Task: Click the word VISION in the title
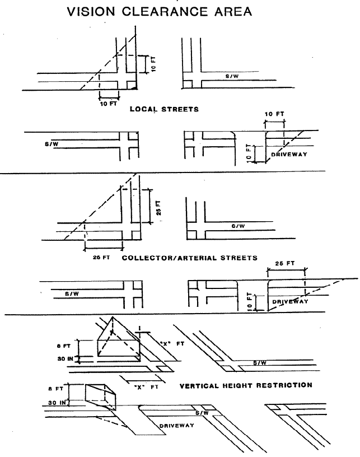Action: (91, 12)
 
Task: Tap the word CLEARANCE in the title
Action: (165, 12)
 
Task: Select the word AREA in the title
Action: (233, 12)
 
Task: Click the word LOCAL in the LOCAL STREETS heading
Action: (143, 109)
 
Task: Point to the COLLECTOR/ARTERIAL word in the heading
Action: (170, 258)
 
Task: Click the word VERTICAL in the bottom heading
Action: (199, 386)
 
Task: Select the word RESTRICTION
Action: (284, 385)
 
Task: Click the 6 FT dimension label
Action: (64, 346)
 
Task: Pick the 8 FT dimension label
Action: (55, 389)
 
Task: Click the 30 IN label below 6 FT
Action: (66, 359)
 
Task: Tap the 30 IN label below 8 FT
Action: (57, 403)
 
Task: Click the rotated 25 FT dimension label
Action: (158, 208)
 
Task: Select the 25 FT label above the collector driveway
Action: (285, 263)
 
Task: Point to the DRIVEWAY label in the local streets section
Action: (289, 154)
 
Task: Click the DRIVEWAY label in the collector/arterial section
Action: (290, 301)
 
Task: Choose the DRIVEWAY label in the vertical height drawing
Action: (176, 426)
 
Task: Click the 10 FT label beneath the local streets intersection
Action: (109, 104)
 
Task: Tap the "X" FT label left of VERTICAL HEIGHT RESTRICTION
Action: (146, 388)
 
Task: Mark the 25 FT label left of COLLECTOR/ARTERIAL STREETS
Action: (101, 258)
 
